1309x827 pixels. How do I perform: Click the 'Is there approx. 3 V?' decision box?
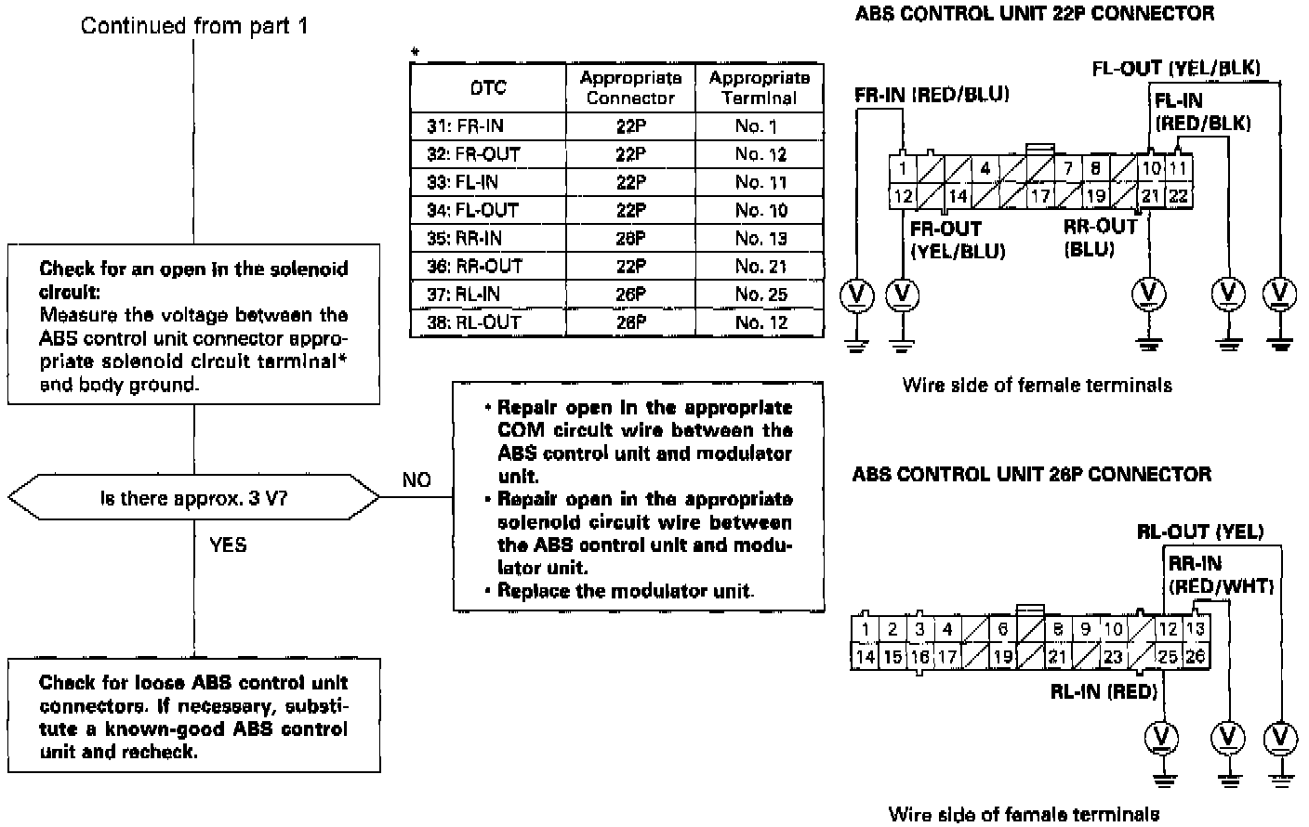tap(193, 499)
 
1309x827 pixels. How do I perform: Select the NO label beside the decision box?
tap(416, 479)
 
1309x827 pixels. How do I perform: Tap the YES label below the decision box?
tap(228, 545)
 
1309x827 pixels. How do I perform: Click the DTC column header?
tap(488, 88)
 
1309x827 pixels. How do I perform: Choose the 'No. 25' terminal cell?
tap(760, 295)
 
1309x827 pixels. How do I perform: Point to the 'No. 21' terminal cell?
tap(760, 267)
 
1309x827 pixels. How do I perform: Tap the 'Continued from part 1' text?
tap(193, 26)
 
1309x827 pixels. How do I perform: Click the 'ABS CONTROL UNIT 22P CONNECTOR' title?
tap(1034, 14)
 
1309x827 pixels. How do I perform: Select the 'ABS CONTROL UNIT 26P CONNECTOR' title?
tap(1031, 475)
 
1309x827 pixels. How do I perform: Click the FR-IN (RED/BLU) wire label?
tap(932, 95)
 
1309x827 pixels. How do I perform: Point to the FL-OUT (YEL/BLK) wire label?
tap(1176, 68)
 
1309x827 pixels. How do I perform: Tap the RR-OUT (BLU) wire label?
tap(1101, 238)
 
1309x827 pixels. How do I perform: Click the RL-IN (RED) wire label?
tap(1104, 691)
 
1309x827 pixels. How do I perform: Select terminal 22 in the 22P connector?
tap(1178, 196)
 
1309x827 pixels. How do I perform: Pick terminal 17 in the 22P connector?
tap(1039, 196)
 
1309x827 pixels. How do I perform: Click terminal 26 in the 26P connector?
tap(1196, 656)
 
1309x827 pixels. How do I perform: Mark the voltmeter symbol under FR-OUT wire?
tap(901, 295)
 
